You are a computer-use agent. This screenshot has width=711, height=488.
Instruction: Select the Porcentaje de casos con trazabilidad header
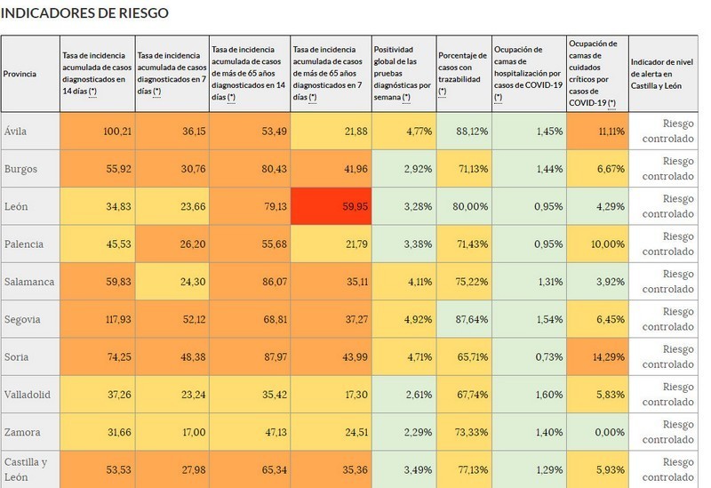click(463, 74)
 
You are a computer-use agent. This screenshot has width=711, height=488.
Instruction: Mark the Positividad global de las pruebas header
click(403, 74)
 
